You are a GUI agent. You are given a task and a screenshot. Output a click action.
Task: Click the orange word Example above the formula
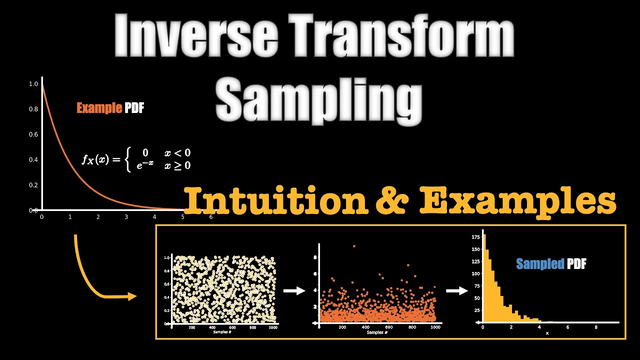click(x=99, y=108)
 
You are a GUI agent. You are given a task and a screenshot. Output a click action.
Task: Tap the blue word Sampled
click(x=540, y=264)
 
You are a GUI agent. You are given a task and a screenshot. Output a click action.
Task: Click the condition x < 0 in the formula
click(x=177, y=153)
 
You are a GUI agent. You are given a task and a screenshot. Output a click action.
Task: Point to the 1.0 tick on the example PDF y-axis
click(x=33, y=84)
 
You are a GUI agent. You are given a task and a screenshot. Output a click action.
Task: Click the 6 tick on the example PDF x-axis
click(x=211, y=217)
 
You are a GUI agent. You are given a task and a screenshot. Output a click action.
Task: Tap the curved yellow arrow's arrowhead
click(x=132, y=296)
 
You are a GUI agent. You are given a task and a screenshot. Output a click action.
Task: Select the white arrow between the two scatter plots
click(x=294, y=290)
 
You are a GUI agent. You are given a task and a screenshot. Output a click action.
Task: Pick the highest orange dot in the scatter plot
click(x=354, y=246)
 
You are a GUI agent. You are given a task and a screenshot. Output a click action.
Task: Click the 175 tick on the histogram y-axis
click(x=475, y=237)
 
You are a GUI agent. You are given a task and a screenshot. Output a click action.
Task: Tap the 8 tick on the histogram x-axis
click(x=595, y=327)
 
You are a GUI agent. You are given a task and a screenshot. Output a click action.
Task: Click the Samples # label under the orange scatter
click(x=377, y=332)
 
